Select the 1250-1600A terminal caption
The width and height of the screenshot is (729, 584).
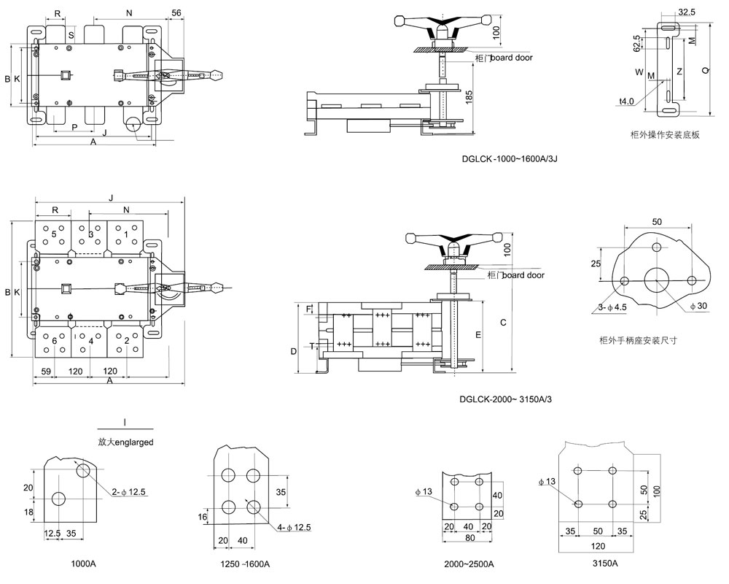(244, 564)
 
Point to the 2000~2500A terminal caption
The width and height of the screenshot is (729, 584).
(469, 564)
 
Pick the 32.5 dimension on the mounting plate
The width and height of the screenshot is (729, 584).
(686, 12)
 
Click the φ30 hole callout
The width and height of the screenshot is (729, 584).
(698, 306)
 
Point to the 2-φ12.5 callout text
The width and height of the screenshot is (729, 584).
(130, 493)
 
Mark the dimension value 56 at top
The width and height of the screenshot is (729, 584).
(176, 13)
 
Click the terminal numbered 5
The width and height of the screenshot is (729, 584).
(52, 234)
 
